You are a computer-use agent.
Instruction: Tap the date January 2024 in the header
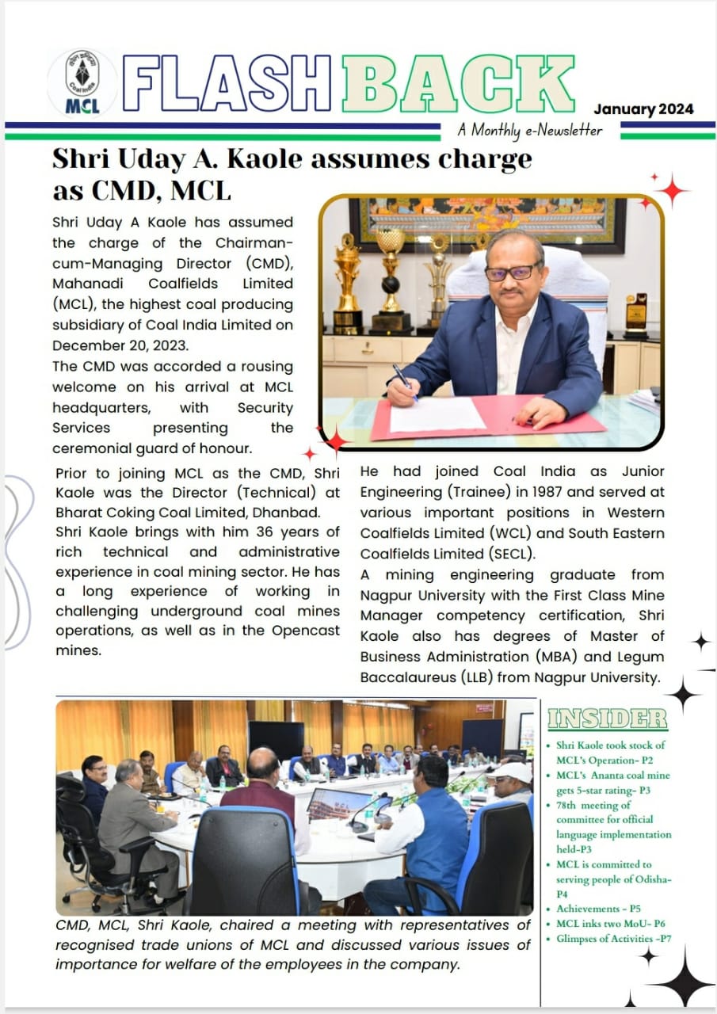[x=643, y=109]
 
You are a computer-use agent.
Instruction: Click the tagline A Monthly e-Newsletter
[x=529, y=130]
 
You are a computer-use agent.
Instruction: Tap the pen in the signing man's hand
[x=404, y=377]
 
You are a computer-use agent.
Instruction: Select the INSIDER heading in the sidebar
[x=607, y=719]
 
